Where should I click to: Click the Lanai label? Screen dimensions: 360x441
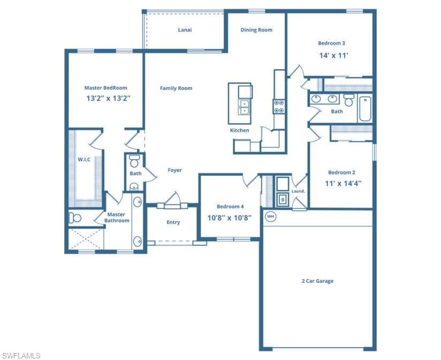[x=185, y=30]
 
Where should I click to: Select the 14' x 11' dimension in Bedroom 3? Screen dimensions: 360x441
[x=334, y=55]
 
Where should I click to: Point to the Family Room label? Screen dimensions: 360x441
[x=176, y=88]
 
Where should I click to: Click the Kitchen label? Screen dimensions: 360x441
[x=239, y=130]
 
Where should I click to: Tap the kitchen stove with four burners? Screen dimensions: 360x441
[x=279, y=107]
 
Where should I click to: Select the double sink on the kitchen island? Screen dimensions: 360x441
[x=244, y=107]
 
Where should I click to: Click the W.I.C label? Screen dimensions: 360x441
[x=85, y=159]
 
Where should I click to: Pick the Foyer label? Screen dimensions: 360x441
[x=174, y=170]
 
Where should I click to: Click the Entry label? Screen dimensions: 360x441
[x=173, y=222]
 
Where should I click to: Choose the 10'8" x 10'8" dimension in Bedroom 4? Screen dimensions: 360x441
[x=230, y=218]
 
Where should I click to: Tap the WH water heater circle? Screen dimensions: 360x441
[x=270, y=216]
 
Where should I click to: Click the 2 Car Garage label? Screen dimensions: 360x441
[x=317, y=281]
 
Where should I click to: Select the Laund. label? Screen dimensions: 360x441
[x=298, y=191]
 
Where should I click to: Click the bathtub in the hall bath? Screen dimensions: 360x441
[x=364, y=109]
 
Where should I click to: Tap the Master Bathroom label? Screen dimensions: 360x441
[x=117, y=217]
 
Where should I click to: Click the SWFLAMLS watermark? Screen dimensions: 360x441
[x=21, y=355]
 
